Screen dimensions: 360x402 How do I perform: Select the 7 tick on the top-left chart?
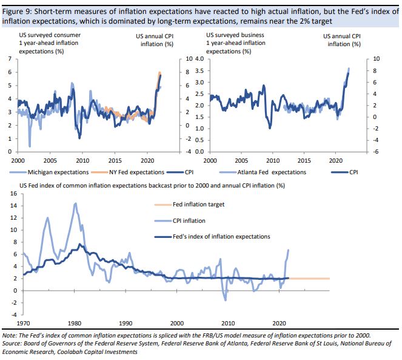[x=9, y=59]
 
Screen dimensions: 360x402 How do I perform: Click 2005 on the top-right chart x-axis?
[x=241, y=161]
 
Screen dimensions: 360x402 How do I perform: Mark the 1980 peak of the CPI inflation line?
[x=75, y=203]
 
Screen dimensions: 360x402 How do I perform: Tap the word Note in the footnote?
[x=10, y=336]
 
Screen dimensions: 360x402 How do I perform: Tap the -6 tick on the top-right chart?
[x=377, y=151]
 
